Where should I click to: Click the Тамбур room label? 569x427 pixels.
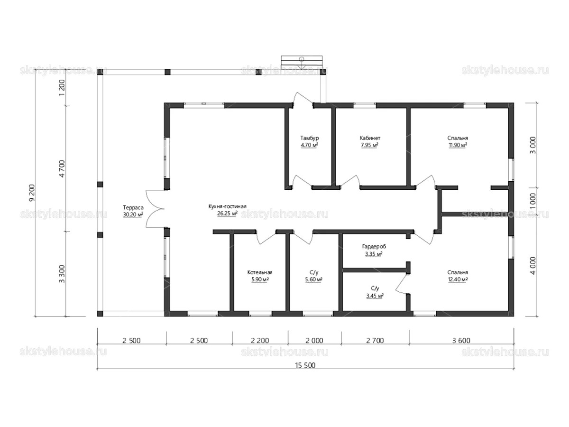[309, 138]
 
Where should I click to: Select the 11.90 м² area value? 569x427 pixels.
[458, 145]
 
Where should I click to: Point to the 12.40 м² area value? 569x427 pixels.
[458, 279]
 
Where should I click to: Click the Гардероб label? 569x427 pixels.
[374, 247]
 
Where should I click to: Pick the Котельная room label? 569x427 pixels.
[260, 272]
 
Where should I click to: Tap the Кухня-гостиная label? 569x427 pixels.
[227, 206]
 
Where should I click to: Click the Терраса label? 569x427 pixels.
[133, 208]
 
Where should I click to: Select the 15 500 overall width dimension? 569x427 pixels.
[305, 365]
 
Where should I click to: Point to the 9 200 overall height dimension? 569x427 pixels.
[32, 193]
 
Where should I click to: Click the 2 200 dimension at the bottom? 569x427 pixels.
[260, 340]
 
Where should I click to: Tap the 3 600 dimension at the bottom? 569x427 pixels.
[461, 340]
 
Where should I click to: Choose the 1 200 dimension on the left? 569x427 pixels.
[62, 87]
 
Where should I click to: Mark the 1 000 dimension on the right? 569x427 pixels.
[532, 201]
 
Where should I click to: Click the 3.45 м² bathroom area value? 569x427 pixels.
[375, 296]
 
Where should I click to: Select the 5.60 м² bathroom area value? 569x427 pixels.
[314, 279]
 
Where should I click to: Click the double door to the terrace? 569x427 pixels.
[155, 209]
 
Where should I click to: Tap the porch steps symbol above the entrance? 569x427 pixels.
[302, 62]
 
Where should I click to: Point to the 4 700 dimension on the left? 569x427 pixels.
[62, 169]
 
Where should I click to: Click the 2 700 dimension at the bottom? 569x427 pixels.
[375, 340]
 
